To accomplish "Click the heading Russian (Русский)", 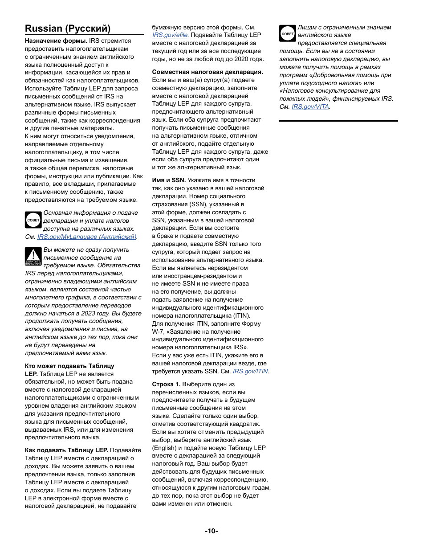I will [x=68, y=29].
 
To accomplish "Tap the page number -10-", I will [x=211, y=531].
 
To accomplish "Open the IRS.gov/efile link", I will [x=170, y=35].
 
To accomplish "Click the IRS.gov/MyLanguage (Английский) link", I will [x=87, y=237].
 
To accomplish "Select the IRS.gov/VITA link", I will [x=310, y=107].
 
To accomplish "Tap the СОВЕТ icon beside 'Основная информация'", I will [x=33, y=220].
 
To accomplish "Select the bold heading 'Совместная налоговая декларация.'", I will [x=207, y=72].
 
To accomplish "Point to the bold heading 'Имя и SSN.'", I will [x=169, y=180].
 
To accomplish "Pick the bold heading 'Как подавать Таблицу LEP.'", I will [x=66, y=450].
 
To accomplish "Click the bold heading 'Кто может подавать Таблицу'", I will [x=69, y=366].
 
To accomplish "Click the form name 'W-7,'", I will [x=159, y=331].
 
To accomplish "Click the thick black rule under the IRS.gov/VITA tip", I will [x=338, y=121].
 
